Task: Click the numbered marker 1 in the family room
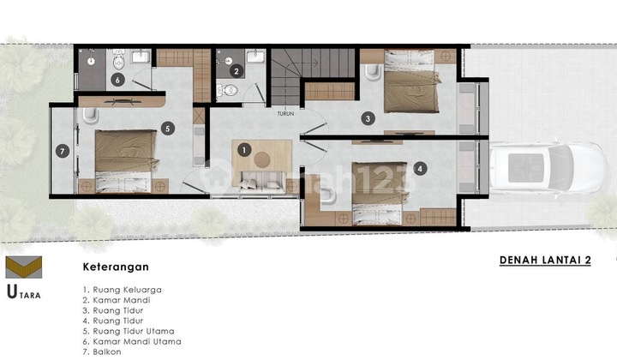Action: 244,150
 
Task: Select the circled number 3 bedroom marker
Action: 367,119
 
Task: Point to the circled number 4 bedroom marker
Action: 419,169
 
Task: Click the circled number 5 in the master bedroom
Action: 167,129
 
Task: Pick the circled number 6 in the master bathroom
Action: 117,81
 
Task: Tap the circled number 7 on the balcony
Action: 61,151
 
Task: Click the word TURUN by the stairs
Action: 286,112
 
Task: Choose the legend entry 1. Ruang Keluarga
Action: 122,289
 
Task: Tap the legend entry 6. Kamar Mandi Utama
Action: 129,339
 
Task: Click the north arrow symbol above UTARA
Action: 22,267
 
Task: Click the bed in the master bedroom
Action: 126,160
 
